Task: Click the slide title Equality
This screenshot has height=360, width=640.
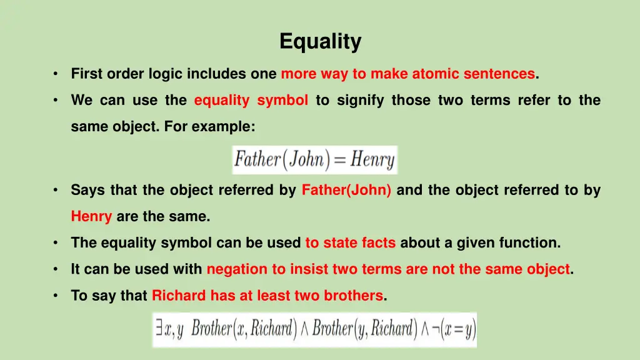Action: pyautogui.click(x=320, y=42)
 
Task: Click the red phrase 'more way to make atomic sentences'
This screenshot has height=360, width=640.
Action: pyautogui.click(x=407, y=74)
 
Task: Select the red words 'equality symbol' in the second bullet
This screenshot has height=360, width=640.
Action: pyautogui.click(x=251, y=101)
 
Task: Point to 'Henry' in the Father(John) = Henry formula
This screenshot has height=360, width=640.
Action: pyautogui.click(x=372, y=160)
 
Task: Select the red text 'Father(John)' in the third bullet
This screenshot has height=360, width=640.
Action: pyautogui.click(x=346, y=190)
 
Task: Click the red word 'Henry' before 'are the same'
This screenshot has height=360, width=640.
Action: pyautogui.click(x=91, y=217)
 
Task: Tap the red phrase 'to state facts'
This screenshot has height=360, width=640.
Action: pyautogui.click(x=350, y=242)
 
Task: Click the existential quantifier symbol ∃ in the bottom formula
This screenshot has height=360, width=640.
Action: pyautogui.click(x=160, y=329)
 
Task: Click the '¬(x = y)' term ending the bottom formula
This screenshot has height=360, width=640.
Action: pyautogui.click(x=452, y=329)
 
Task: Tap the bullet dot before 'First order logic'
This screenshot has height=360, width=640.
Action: pyautogui.click(x=56, y=74)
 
